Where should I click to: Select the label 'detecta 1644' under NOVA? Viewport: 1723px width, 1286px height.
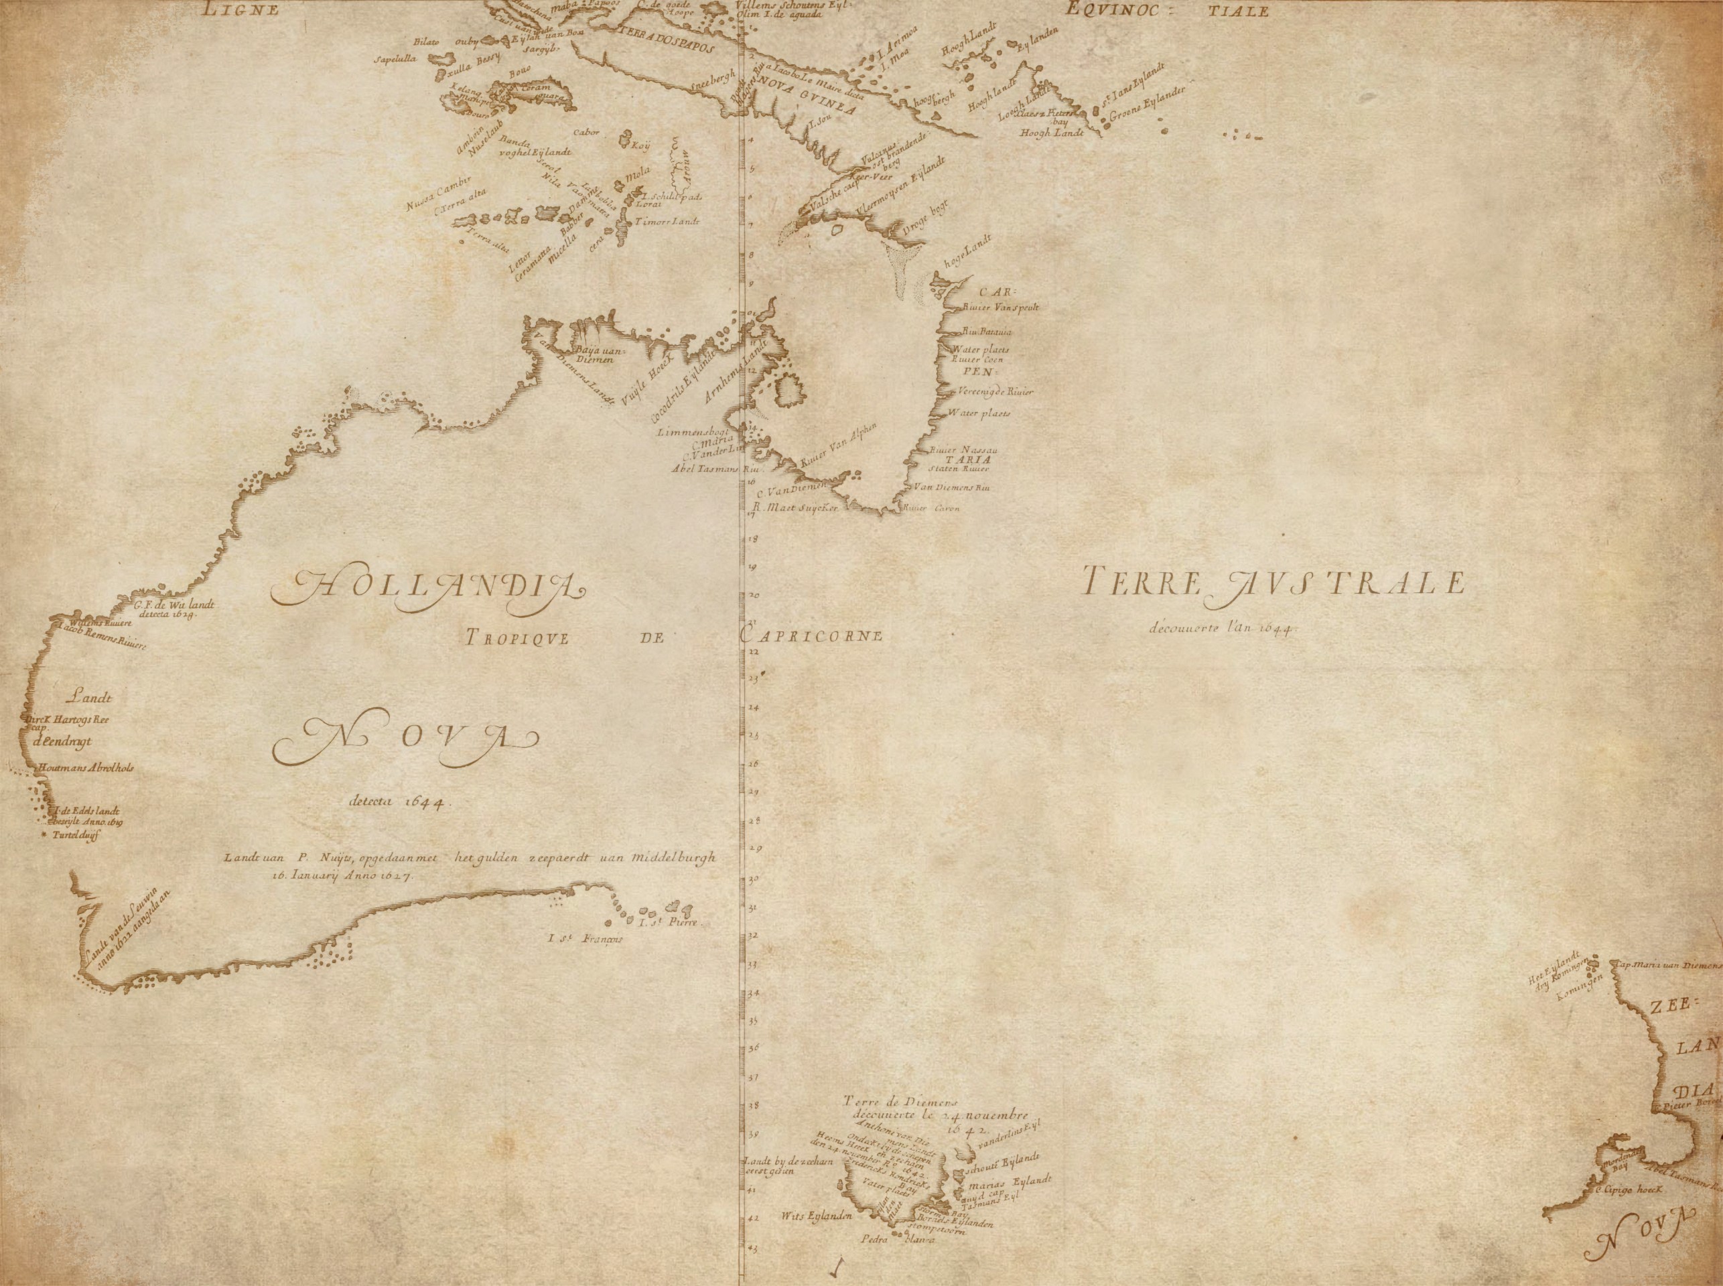pos(396,801)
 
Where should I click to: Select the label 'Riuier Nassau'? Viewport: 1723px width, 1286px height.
pos(963,450)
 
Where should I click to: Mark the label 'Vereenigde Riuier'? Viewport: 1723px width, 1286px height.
pos(995,391)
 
